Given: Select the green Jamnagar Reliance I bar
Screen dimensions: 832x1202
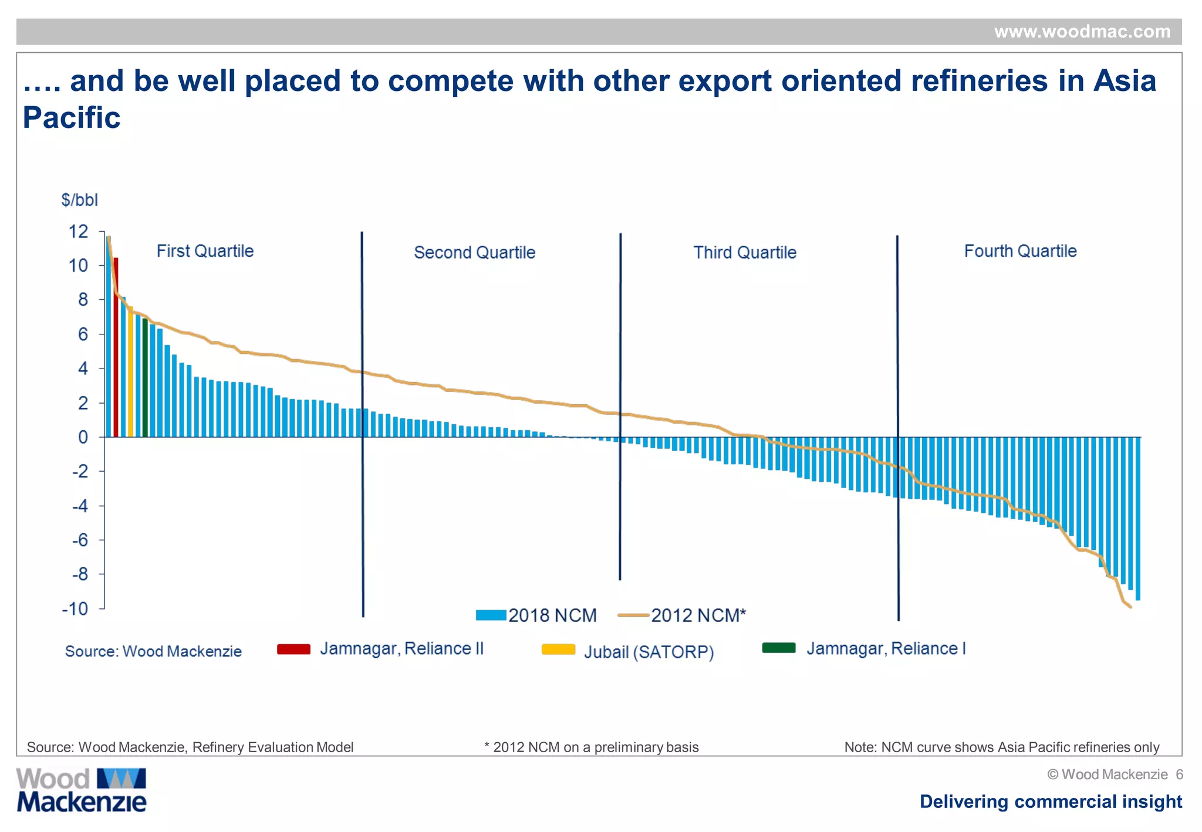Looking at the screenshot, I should pos(145,378).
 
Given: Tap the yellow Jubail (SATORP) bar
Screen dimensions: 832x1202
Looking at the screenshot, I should pos(130,372).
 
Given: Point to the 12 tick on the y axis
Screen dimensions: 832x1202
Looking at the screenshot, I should pos(79,232).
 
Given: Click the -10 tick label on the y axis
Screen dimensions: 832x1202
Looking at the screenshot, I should pos(75,608).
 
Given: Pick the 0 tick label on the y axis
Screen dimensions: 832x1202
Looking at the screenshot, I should pos(83,437).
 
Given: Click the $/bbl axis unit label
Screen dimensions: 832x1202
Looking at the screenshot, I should pos(79,200).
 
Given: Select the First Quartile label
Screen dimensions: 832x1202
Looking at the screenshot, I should pos(205,251).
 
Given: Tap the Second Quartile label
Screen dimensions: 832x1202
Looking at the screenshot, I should pos(474,253).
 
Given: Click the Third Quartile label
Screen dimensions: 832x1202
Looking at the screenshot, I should pos(745,253).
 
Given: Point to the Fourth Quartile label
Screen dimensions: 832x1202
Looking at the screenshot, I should pos(1020,251).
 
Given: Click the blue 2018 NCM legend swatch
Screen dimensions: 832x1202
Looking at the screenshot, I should pos(491,615).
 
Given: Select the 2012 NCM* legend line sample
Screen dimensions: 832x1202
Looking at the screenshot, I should pos(633,615).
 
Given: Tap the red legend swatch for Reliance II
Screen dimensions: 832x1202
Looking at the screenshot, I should pos(293,649).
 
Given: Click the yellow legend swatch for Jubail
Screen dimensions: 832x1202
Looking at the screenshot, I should pos(558,650).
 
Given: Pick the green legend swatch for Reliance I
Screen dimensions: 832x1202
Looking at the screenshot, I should pos(778,648).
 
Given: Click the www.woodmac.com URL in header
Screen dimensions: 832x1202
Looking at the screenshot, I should pos(1082,32).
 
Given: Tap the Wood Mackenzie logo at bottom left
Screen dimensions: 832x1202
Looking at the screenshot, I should pos(81,790).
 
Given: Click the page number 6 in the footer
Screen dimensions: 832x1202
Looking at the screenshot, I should pos(1179,774).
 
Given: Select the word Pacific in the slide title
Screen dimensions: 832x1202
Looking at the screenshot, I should pos(72,118).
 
